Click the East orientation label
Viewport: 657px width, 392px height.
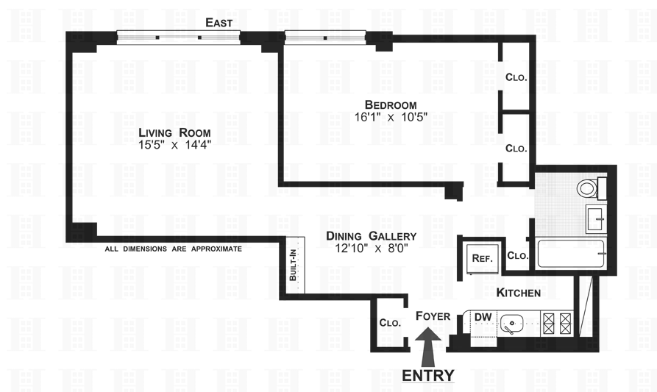click(x=219, y=23)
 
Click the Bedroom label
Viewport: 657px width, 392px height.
click(x=391, y=104)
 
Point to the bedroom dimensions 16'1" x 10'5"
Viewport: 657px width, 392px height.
click(x=391, y=117)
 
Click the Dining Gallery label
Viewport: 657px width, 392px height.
click(x=372, y=236)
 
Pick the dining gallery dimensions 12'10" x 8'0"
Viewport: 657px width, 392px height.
click(x=372, y=249)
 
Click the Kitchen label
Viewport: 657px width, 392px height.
click(x=519, y=293)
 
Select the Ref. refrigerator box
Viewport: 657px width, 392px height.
click(x=481, y=258)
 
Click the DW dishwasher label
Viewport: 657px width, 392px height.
click(x=483, y=318)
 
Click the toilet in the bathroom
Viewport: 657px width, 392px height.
click(x=589, y=188)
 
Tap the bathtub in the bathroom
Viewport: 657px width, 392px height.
click(x=572, y=253)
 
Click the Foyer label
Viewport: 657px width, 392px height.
click(x=433, y=316)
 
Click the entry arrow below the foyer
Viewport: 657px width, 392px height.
click(x=428, y=345)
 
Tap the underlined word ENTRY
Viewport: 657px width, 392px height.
click(x=428, y=375)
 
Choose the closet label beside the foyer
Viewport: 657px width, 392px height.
click(x=389, y=322)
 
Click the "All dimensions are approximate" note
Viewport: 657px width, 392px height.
click(x=173, y=249)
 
